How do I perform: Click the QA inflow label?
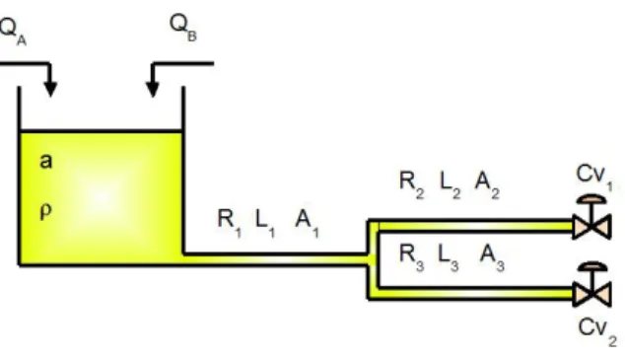click(13, 32)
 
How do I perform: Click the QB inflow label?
click(183, 28)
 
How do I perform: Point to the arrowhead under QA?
click(50, 89)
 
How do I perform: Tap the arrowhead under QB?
click(153, 89)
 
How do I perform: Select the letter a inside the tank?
click(45, 161)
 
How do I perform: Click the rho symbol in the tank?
click(45, 210)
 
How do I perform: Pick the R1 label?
click(229, 223)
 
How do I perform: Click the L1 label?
click(265, 223)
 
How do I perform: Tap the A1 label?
click(307, 223)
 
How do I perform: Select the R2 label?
click(412, 184)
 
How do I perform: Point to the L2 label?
click(451, 184)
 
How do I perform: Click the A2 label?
click(487, 184)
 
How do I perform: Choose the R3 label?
click(412, 257)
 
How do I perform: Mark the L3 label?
click(449, 257)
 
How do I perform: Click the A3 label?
click(492, 257)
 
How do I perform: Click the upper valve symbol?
click(591, 218)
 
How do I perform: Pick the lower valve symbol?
click(591, 285)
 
